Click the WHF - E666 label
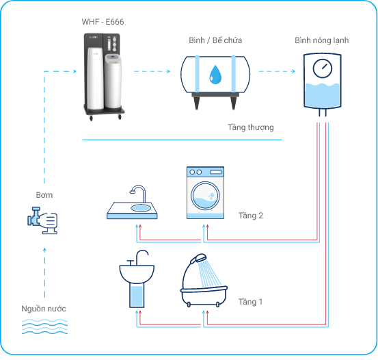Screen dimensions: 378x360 coord(103,22)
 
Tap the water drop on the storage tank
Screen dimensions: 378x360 coord(215,75)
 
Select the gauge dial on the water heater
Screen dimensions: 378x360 coord(323,68)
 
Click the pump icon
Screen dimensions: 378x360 coord(42,220)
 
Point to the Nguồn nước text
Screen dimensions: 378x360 coord(44,309)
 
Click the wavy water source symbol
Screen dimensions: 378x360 coord(44,326)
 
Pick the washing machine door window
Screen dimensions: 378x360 coord(205,196)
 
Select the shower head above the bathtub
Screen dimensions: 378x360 coord(198,258)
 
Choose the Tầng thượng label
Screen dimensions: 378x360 coord(251,127)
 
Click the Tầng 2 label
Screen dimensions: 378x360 coord(251,216)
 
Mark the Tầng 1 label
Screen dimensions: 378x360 coord(250,302)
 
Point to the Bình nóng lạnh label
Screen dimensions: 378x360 coord(321,40)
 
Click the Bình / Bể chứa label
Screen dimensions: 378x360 coord(215,40)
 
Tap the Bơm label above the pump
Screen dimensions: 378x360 coord(44,195)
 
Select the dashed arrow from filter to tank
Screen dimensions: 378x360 coord(152,71)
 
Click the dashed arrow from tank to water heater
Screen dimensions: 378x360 coord(277,71)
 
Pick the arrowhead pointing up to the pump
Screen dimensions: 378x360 coord(44,250)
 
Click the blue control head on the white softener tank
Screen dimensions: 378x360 coord(113,57)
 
